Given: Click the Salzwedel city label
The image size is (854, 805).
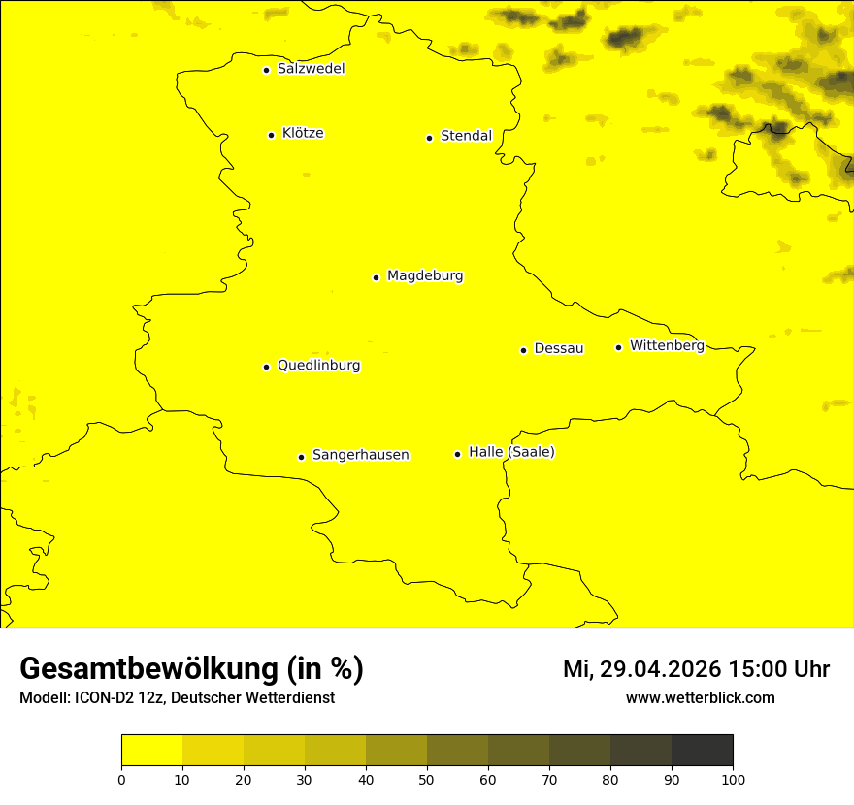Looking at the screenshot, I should tap(311, 69).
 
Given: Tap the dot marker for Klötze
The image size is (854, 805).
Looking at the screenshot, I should tap(271, 135).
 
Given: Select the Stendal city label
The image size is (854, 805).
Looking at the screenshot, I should tap(466, 136).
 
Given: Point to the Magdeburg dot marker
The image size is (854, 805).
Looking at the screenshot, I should tap(376, 277).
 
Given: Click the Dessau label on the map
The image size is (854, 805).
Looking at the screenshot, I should tap(559, 348).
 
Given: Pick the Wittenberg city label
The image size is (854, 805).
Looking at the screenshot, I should tap(667, 345).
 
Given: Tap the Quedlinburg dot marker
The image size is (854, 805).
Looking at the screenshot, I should tap(266, 367).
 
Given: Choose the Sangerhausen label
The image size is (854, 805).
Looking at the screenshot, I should tap(360, 455).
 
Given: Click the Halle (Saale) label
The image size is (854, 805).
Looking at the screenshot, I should tap(511, 452).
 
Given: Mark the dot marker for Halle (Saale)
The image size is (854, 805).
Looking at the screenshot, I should tap(457, 454).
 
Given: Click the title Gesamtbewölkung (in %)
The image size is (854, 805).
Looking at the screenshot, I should tap(191, 669).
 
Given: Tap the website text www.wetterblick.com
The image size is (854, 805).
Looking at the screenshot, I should tap(700, 698).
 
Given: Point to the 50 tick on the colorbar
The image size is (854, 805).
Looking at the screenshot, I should tap(427, 779).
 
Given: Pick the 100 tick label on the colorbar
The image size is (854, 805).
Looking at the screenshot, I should tap(733, 779).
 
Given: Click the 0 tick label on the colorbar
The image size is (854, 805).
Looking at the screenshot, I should tap(121, 779).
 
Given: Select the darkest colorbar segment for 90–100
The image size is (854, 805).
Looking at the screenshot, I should tap(702, 751).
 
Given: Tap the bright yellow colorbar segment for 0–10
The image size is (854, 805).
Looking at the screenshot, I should tap(151, 751).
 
